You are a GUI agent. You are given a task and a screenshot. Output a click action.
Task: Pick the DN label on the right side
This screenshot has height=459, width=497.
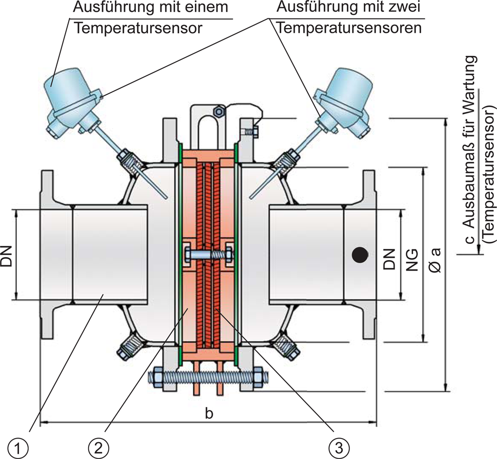click(x=390, y=259)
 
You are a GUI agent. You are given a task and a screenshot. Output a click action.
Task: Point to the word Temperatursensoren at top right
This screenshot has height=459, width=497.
click(x=348, y=28)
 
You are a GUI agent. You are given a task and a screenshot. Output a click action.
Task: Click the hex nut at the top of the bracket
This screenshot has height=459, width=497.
click(x=219, y=110)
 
